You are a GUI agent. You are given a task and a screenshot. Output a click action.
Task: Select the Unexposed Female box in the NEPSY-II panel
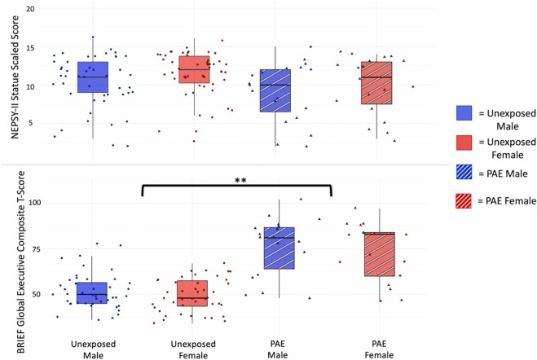tap(193, 69)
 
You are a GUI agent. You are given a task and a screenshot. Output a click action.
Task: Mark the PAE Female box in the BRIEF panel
tap(378, 254)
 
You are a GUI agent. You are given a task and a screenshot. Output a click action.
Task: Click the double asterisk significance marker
tap(236, 175)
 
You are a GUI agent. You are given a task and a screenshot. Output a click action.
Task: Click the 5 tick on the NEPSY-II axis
tap(32, 123)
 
